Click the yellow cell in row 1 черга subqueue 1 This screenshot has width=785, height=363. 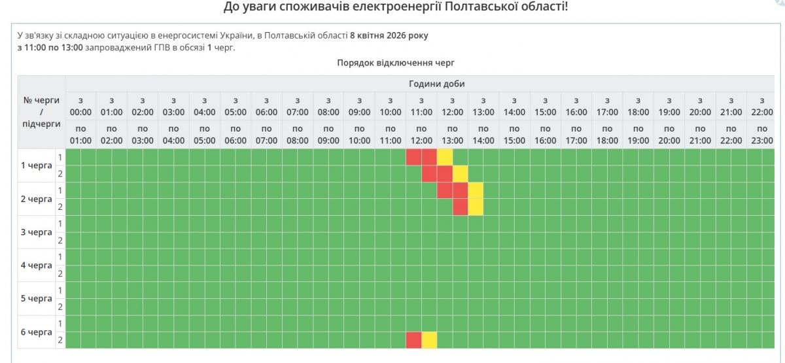pos(445,157)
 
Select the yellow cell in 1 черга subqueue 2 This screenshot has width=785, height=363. pos(461,173)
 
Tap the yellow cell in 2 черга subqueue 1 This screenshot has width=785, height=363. pos(476,190)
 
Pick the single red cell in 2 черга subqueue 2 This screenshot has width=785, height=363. pos(461,207)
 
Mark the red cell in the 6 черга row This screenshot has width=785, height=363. pos(413,340)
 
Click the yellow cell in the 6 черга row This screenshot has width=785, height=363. pos(429,340)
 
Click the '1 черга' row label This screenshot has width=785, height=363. pos(37,165)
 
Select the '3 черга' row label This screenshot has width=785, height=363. pos(37,232)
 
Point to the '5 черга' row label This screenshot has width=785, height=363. pos(37,298)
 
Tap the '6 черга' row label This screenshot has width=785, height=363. pos(37,332)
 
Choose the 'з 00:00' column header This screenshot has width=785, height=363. pos(80,106)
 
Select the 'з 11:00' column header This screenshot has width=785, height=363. pos(421,106)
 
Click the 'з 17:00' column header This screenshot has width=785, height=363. pos(607,106)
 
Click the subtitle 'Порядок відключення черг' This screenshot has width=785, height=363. pos(395,63)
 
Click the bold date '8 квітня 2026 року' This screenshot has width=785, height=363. pos(389,35)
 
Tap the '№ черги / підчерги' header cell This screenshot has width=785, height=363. pos(41,112)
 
